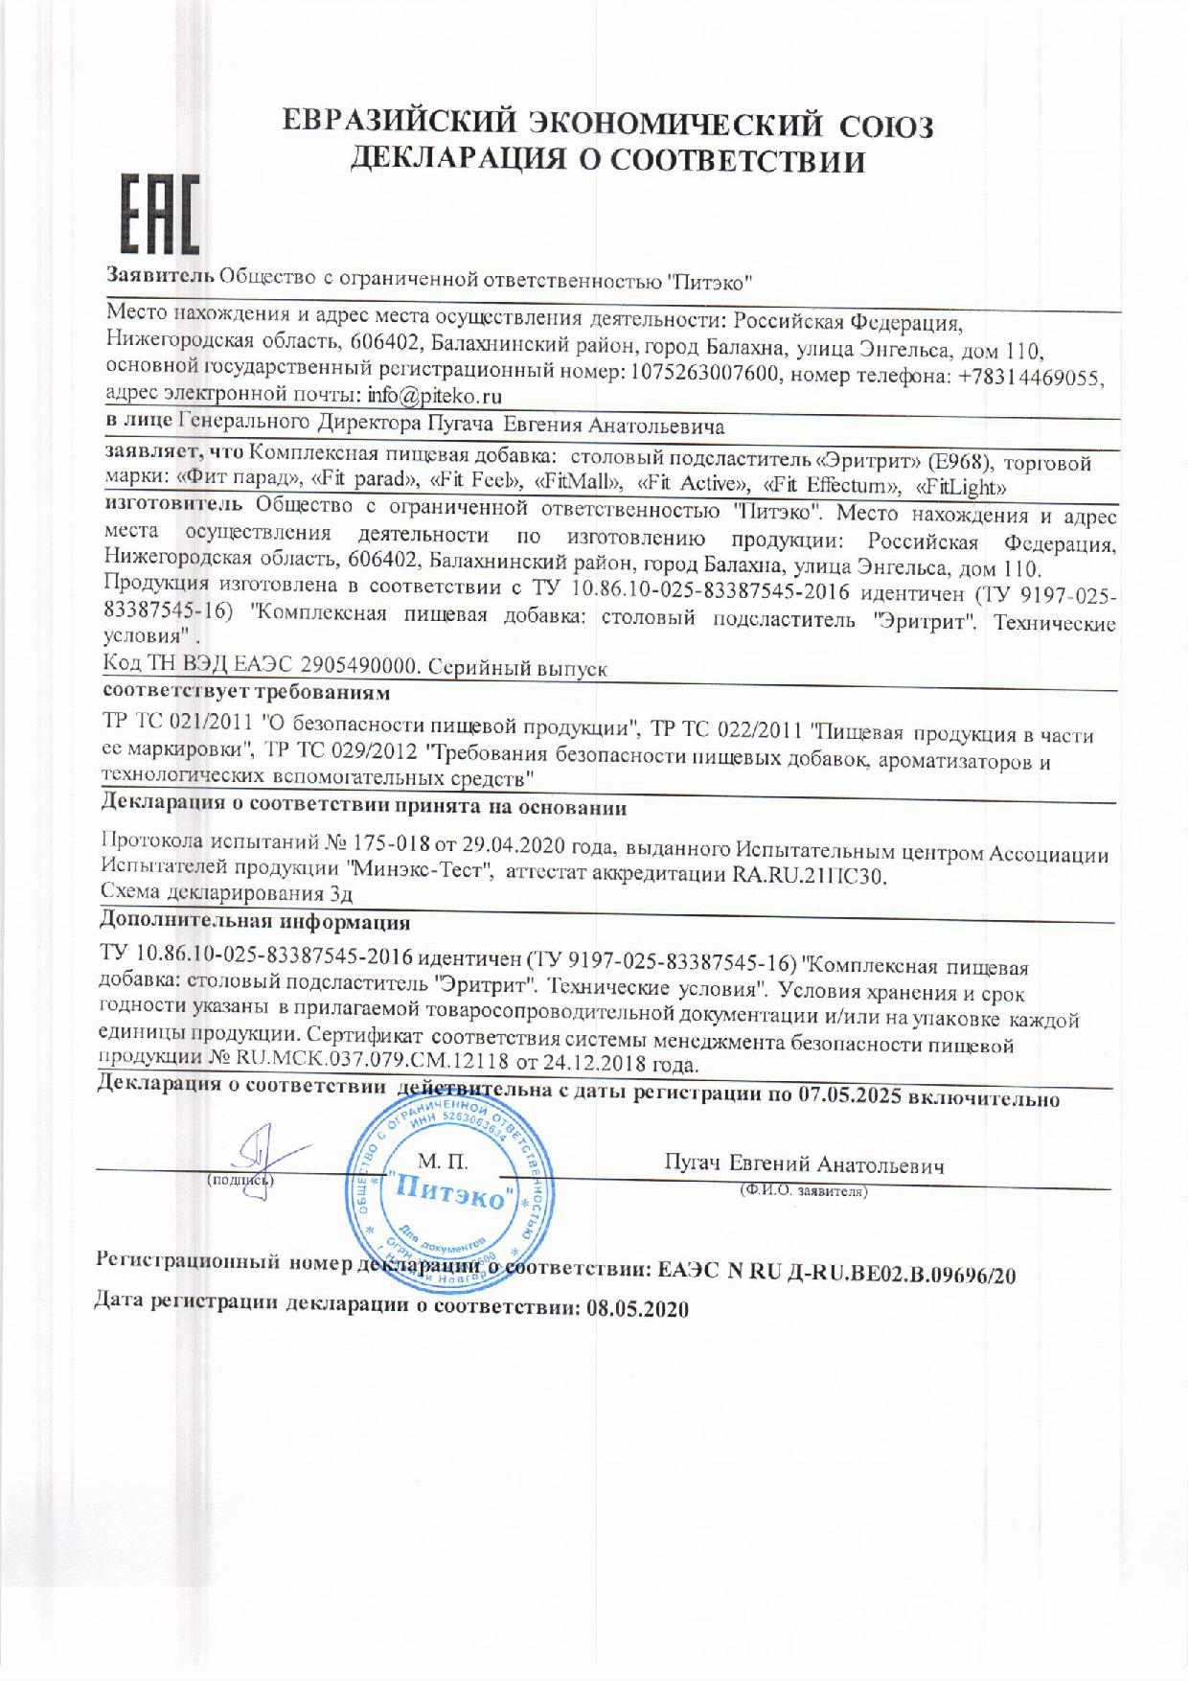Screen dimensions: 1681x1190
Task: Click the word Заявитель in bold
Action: pos(159,276)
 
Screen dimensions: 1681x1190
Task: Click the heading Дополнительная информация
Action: pos(256,923)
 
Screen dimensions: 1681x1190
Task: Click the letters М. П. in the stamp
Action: pos(442,1163)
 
